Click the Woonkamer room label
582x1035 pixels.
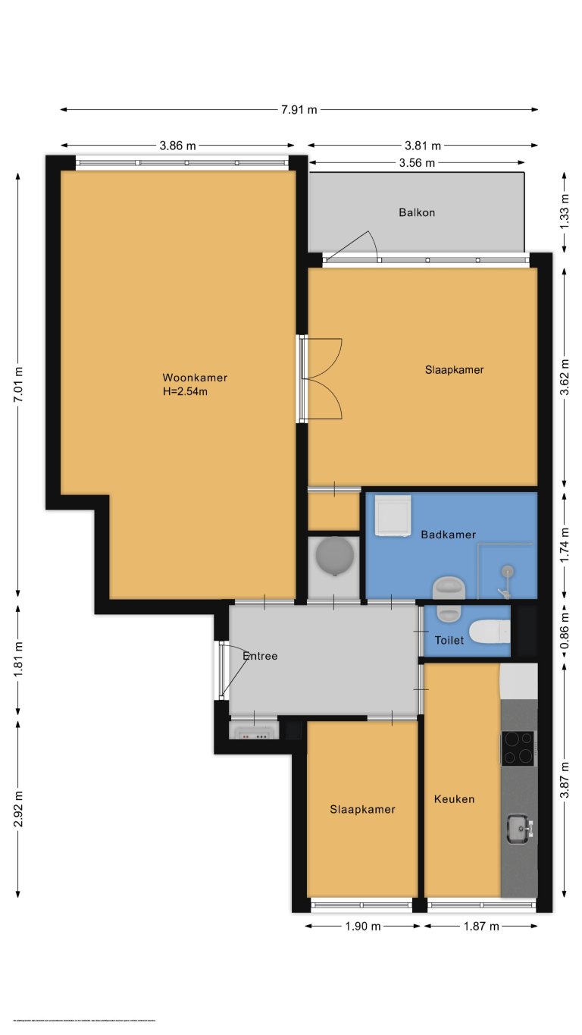tap(195, 378)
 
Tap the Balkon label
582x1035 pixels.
tap(417, 212)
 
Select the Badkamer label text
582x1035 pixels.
tap(448, 535)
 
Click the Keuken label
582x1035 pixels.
tap(454, 799)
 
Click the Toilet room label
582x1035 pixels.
tap(449, 641)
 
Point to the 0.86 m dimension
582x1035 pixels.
tap(564, 633)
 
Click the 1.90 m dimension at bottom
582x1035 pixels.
tap(361, 926)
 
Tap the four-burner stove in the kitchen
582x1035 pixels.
tap(518, 748)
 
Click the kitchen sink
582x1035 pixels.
tap(519, 828)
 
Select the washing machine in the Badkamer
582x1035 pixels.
tap(393, 515)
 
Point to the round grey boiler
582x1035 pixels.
tap(334, 557)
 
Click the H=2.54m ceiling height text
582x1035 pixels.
tap(185, 392)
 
